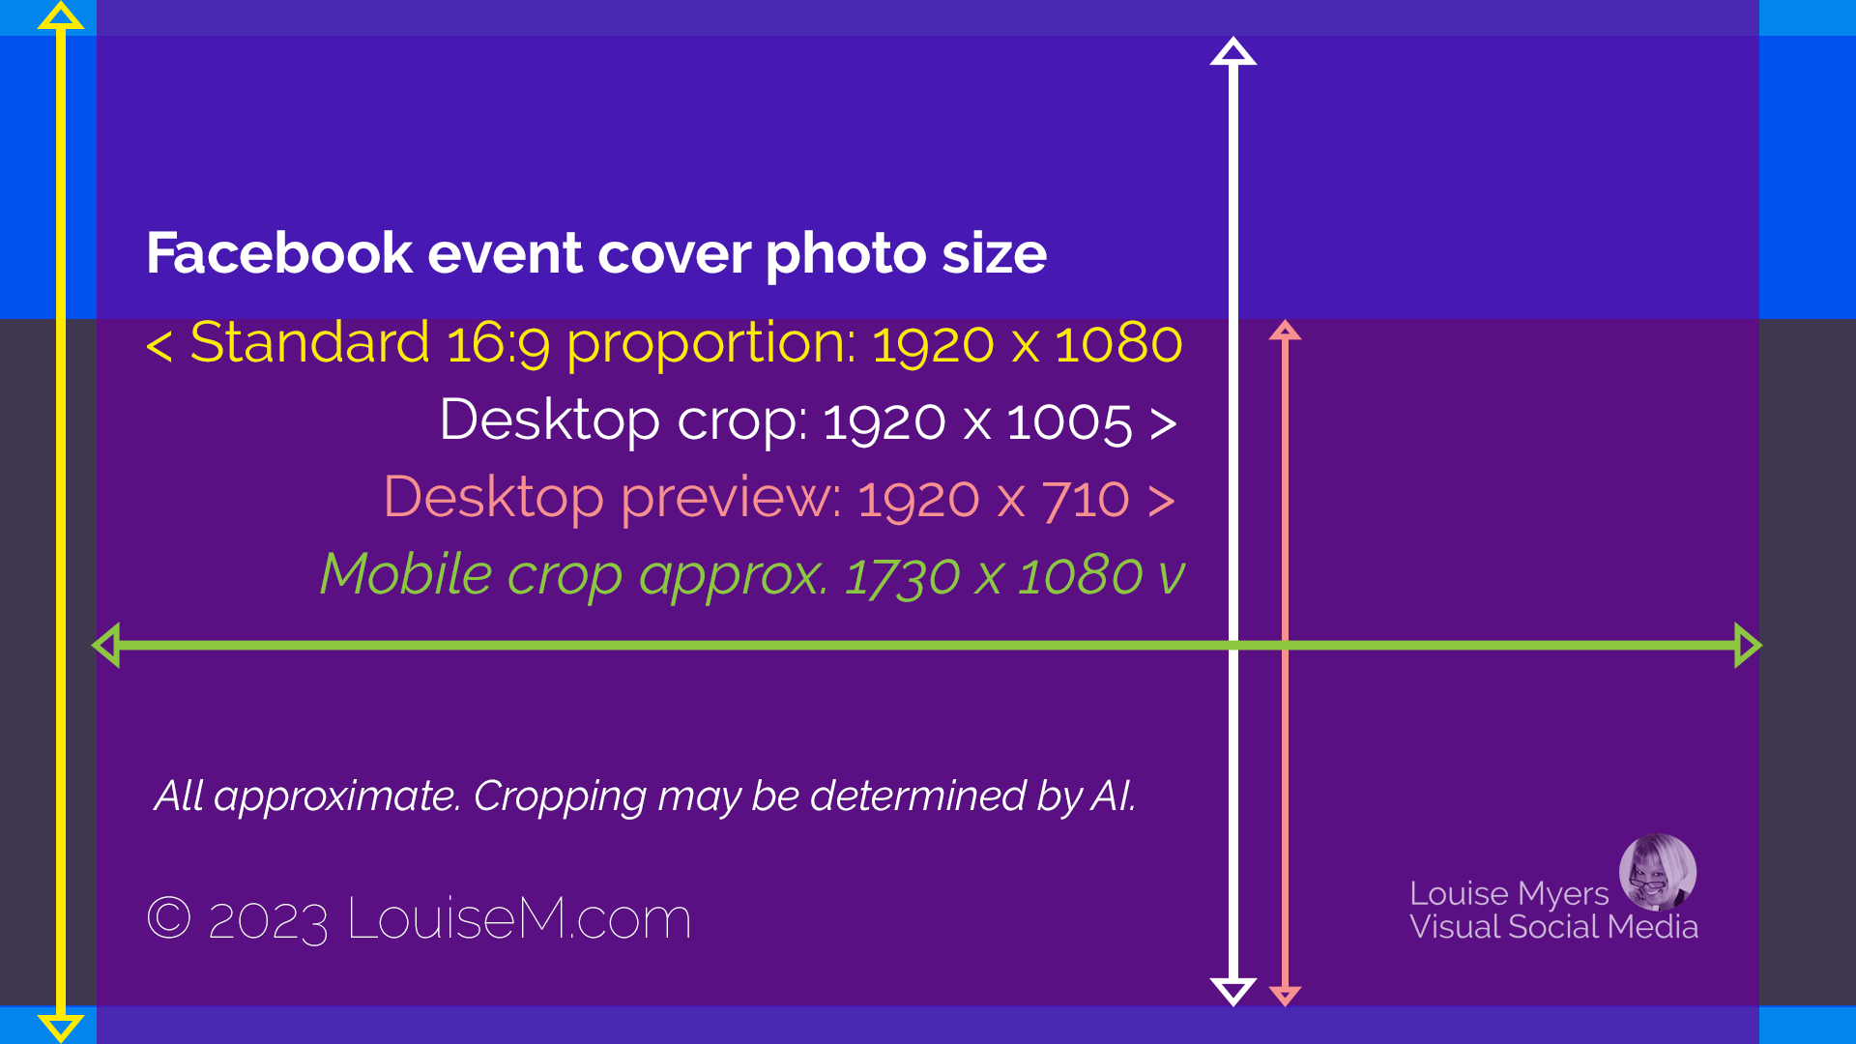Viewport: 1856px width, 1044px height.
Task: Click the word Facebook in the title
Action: click(x=280, y=253)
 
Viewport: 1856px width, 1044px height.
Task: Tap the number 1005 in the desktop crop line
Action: click(x=1069, y=422)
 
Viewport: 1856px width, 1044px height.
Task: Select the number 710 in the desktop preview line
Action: click(x=1086, y=500)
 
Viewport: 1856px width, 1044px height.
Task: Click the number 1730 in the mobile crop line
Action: click(x=902, y=577)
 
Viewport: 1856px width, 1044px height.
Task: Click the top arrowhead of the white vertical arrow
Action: click(x=1233, y=51)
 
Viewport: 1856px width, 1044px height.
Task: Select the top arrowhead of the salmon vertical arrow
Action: click(x=1285, y=330)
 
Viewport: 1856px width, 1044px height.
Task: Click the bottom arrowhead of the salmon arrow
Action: click(x=1285, y=996)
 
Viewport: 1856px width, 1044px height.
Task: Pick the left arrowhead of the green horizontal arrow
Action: click(x=106, y=646)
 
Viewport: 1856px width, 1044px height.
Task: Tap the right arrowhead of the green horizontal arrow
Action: click(x=1748, y=646)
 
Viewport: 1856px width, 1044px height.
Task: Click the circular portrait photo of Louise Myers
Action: click(x=1658, y=872)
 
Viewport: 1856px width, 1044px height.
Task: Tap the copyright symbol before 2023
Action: click(x=169, y=916)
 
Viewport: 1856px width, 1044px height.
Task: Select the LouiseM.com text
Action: click(x=519, y=918)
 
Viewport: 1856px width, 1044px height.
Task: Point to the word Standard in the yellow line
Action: click(x=310, y=343)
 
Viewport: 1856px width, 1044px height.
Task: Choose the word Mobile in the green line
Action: click(x=407, y=574)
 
